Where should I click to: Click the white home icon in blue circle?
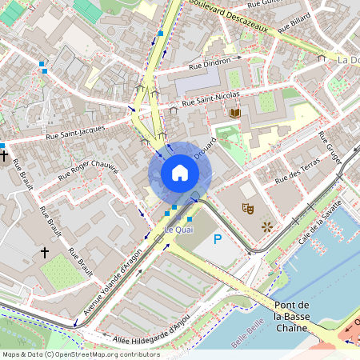pos(180,172)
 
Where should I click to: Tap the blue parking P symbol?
pos(216,239)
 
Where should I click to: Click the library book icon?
pos(234,114)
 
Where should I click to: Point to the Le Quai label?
pos(178,230)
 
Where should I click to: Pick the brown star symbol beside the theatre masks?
pos(266,226)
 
